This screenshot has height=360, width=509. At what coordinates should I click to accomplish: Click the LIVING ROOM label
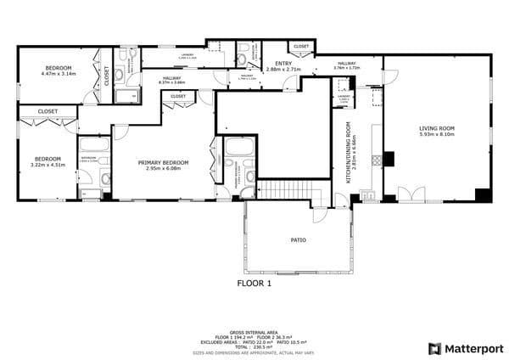436,129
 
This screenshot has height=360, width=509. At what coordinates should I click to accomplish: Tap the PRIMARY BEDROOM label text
164,162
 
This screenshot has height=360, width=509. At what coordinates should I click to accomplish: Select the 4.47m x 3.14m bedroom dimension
59,74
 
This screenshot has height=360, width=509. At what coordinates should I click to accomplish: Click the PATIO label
298,240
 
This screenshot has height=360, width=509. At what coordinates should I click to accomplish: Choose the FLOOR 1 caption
254,284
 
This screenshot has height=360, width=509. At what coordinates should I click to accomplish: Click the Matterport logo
466,348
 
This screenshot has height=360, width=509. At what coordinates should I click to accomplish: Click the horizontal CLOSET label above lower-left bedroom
48,111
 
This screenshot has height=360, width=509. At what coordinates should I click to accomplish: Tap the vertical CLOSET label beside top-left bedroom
106,76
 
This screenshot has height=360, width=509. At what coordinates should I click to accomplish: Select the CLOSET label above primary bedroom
178,97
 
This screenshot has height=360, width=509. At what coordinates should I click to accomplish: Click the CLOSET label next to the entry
301,46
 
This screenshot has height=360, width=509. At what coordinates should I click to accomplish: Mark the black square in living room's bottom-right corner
483,194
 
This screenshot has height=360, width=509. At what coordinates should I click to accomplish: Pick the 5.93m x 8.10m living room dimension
436,136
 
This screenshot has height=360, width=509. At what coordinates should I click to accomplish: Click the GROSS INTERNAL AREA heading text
254,333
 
